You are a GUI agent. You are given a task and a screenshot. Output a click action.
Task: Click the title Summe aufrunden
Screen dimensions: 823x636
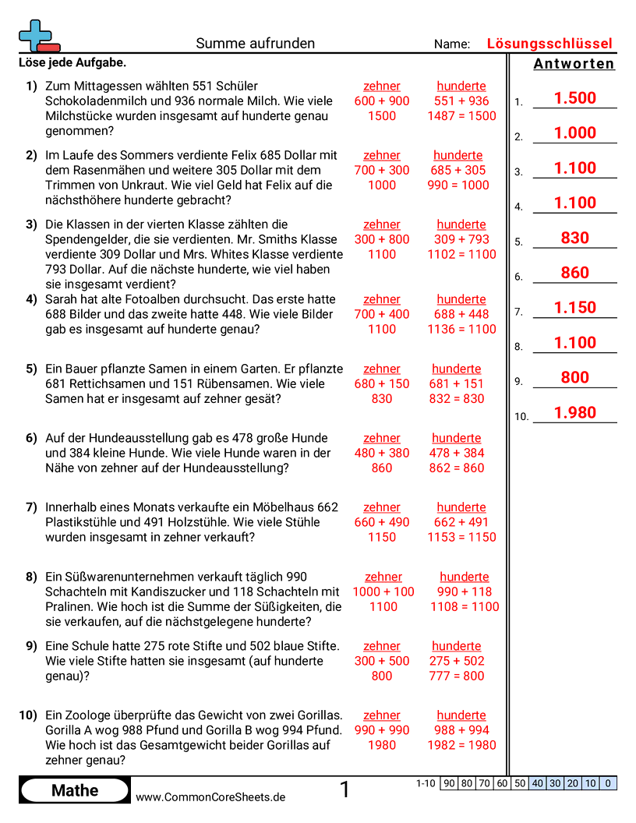click(256, 44)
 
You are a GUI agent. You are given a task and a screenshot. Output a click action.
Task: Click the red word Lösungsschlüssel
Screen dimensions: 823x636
click(549, 44)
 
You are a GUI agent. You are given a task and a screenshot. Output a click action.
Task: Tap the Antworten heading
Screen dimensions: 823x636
click(574, 64)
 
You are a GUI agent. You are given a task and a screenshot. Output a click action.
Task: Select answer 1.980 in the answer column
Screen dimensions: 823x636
click(574, 413)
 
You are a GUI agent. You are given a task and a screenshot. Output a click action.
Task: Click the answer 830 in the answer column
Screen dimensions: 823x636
click(574, 238)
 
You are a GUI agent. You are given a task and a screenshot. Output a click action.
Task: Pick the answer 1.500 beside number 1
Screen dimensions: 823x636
click(574, 98)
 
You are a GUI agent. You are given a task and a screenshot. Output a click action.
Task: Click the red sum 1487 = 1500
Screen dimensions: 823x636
click(461, 116)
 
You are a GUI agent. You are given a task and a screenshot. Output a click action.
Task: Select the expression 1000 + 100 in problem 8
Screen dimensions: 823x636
click(383, 592)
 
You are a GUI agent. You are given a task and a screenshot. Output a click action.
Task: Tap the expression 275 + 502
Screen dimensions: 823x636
click(457, 661)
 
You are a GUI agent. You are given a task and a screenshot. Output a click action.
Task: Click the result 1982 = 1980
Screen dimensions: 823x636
click(461, 745)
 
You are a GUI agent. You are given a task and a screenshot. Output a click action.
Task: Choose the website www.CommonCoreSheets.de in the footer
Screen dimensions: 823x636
click(210, 797)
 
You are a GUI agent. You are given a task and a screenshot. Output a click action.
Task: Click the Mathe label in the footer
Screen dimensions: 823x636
click(75, 791)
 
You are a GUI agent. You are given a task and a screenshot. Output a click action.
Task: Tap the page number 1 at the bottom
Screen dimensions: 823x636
click(344, 790)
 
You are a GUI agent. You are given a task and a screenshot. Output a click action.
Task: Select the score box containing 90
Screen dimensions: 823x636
click(449, 783)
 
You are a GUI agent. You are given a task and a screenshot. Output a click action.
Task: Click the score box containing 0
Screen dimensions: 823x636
click(608, 783)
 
